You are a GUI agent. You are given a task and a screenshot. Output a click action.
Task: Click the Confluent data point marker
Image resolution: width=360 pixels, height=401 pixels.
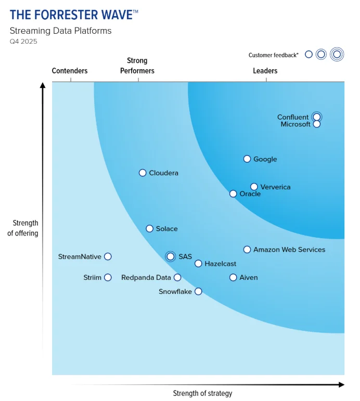(316, 117)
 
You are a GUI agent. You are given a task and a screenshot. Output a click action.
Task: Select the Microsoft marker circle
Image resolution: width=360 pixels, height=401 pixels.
(317, 124)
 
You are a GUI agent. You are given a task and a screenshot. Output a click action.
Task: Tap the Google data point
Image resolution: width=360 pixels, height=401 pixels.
(247, 159)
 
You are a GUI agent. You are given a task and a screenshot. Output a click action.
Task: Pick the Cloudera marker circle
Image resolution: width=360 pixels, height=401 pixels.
(143, 173)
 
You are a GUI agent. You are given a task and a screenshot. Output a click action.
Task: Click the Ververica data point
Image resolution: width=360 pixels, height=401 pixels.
(254, 187)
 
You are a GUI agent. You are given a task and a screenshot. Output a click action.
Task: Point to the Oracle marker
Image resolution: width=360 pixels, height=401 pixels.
(233, 194)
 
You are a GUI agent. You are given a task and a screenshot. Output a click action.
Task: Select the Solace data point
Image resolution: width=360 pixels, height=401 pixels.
(149, 229)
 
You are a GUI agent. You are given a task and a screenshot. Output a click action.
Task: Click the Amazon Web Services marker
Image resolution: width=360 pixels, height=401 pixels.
(247, 250)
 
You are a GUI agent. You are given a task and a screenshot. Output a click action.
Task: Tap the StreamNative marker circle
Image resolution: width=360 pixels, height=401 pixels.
(108, 256)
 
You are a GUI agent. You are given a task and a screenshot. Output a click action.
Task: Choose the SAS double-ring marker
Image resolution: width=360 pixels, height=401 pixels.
(170, 256)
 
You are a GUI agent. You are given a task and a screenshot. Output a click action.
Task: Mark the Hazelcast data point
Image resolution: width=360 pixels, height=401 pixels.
(198, 264)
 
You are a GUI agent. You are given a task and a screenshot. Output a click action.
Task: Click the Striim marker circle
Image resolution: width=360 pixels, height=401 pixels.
(108, 277)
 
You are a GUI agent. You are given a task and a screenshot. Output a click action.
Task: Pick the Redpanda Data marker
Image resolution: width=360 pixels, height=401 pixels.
(177, 277)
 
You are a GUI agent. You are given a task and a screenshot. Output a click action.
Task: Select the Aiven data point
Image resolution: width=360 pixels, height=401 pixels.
(233, 277)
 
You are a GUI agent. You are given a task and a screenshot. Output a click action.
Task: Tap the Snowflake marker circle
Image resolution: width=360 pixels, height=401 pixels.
(198, 291)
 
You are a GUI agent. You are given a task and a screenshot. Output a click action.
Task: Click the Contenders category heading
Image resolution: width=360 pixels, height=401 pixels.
(70, 71)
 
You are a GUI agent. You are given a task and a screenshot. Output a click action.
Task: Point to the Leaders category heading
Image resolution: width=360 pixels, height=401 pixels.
(265, 71)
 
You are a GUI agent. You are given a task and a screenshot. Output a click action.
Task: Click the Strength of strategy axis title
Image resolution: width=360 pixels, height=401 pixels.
(202, 393)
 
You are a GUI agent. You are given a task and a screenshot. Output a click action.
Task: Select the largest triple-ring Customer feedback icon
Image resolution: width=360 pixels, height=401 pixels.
(337, 54)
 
